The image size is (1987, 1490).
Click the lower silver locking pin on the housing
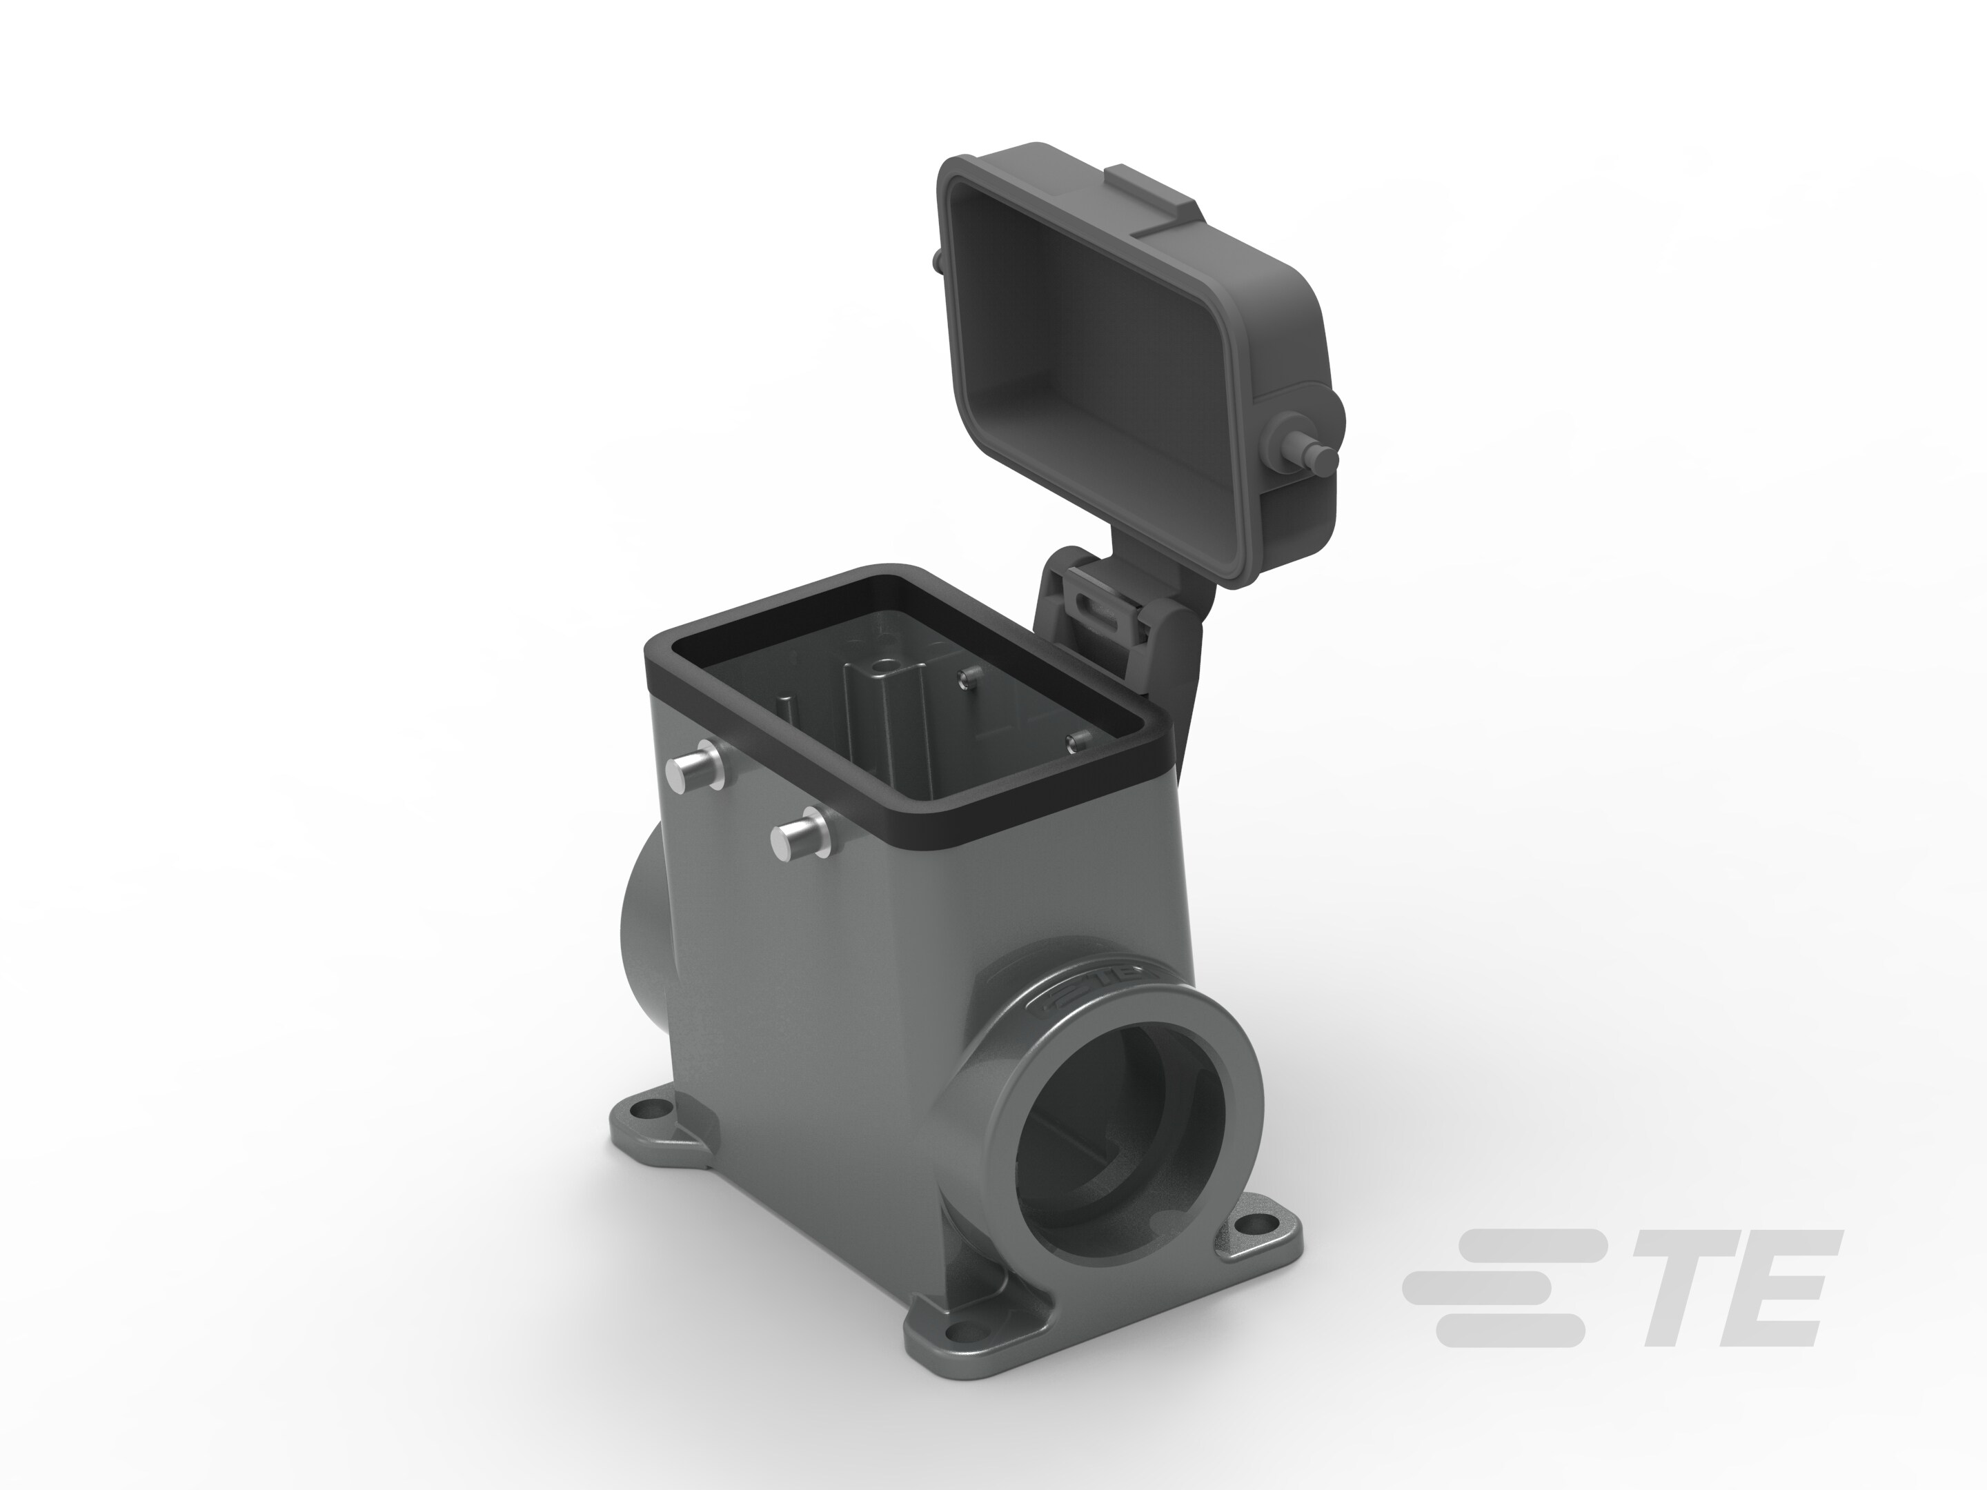point(798,837)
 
